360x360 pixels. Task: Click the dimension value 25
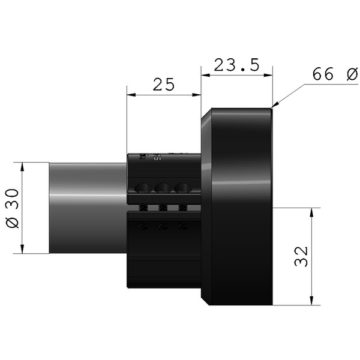[x=163, y=85]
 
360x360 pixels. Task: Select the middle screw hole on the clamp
[x=163, y=188]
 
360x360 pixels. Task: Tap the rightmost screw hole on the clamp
[x=181, y=188]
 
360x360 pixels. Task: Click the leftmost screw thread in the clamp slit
[x=144, y=208]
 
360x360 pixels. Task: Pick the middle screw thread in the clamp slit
[x=163, y=208]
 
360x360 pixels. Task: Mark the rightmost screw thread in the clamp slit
[x=181, y=208]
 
